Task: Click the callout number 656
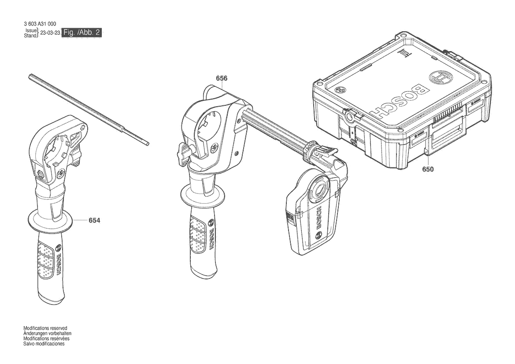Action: tap(221, 78)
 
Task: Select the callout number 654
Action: tap(94, 220)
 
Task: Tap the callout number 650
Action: tap(428, 169)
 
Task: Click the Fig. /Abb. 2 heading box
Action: tap(82, 33)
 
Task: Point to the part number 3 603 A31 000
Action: tap(40, 24)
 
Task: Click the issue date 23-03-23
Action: tap(50, 33)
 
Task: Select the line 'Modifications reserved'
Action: tap(45, 328)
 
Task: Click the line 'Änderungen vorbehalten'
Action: tap(47, 333)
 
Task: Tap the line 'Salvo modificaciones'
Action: tap(44, 344)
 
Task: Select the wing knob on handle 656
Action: tap(184, 154)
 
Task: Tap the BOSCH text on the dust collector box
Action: tap(318, 219)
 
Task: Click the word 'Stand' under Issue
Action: tap(30, 36)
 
